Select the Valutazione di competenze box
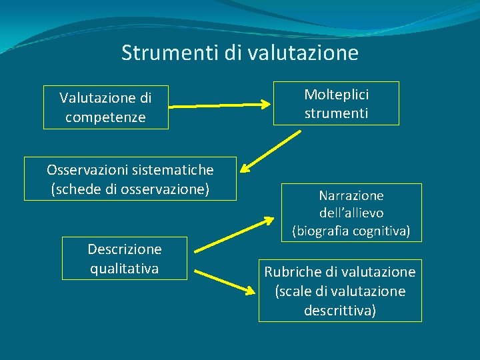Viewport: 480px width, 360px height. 105,107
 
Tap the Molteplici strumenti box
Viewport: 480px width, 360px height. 336,103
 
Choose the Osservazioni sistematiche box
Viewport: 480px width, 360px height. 130,179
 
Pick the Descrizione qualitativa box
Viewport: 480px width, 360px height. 124,259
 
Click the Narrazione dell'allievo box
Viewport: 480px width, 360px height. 351,213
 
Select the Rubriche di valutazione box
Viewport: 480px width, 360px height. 340,291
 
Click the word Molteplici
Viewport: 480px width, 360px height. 336,95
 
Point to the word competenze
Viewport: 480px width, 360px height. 105,118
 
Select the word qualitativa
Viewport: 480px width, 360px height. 124,268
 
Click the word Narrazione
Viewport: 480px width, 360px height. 351,195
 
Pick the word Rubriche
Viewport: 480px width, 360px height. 291,272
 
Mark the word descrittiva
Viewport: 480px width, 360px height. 340,310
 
